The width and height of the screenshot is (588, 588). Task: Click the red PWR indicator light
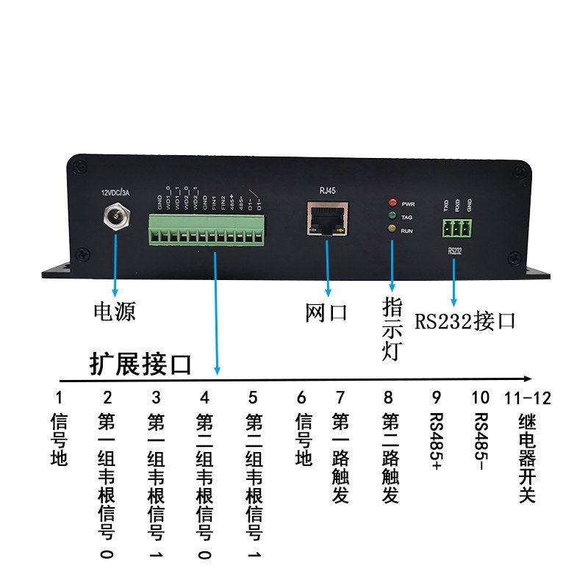point(393,201)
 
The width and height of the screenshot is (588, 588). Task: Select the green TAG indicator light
point(393,216)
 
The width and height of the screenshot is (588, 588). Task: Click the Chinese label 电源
point(114,312)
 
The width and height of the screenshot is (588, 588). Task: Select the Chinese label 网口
point(326,313)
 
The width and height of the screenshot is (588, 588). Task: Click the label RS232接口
point(465,321)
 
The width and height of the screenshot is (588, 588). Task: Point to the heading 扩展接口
point(140,364)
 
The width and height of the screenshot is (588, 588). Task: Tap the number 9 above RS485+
point(436,398)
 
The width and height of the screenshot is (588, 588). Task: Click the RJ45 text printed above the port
point(327,190)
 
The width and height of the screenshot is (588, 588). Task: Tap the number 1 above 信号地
point(58,398)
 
